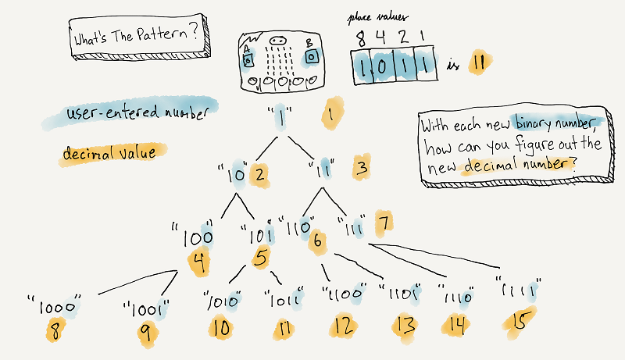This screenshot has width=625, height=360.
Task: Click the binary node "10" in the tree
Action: pyautogui.click(x=235, y=173)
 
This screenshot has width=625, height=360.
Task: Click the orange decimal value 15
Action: pyautogui.click(x=518, y=323)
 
